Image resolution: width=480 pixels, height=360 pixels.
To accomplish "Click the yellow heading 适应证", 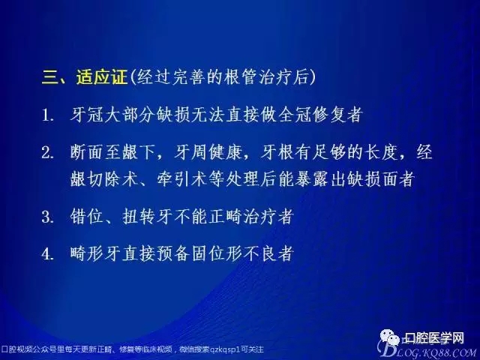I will (102, 76).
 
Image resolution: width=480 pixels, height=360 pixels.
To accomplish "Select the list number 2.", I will (47, 154).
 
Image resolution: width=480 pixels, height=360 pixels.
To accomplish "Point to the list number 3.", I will (47, 217).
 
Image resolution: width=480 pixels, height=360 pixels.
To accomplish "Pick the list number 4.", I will (47, 253).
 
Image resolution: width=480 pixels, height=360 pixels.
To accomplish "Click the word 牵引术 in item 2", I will (184, 180).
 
